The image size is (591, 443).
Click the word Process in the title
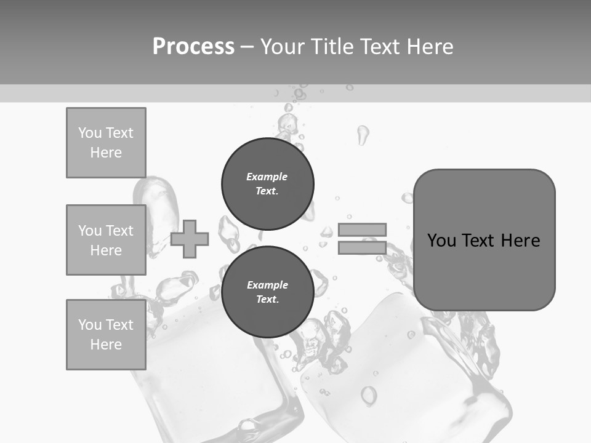coord(193,46)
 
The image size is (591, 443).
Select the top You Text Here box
coord(106,143)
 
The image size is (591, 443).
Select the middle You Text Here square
coord(106,240)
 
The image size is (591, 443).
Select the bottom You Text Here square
coord(106,335)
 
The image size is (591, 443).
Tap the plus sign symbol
coord(190,239)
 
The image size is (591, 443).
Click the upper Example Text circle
coord(268,183)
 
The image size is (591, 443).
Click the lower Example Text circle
coord(268,292)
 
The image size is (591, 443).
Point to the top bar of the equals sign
coord(362,229)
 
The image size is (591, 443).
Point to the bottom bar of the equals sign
coord(362,247)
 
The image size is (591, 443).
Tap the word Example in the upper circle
coord(267,177)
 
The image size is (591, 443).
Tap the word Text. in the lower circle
coord(267,300)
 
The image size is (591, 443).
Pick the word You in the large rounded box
coord(441,240)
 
